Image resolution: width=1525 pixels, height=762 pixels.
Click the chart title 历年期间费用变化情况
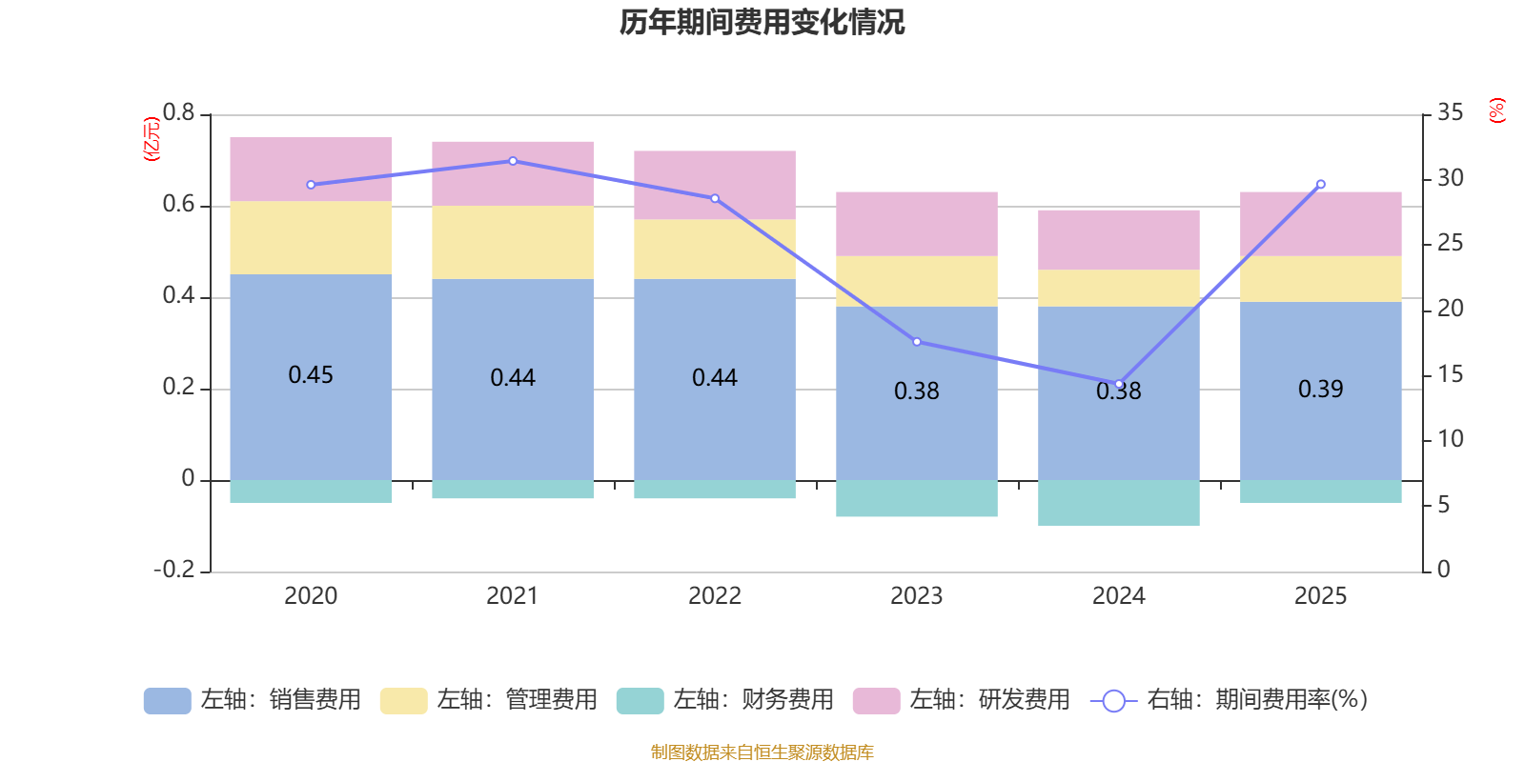(x=762, y=22)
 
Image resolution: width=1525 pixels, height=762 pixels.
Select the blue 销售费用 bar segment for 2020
(x=311, y=419)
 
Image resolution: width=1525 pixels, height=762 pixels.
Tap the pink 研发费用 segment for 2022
(x=715, y=185)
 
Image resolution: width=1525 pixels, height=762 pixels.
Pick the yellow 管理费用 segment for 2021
(x=513, y=242)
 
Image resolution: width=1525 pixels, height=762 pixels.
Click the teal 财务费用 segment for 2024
(x=1119, y=503)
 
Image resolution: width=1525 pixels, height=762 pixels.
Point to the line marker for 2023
(x=917, y=342)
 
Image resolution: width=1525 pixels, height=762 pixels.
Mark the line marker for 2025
(x=1320, y=184)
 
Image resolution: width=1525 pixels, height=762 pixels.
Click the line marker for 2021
(x=513, y=161)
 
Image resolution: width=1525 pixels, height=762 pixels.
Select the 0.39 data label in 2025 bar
(x=1320, y=389)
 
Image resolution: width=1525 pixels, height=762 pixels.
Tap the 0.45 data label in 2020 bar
(x=311, y=374)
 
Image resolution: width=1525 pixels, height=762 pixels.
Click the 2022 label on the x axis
(x=715, y=596)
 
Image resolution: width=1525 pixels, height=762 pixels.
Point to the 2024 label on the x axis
(x=1119, y=596)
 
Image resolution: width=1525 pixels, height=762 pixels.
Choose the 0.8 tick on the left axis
(x=178, y=113)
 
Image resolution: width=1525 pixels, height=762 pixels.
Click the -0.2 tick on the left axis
(x=174, y=570)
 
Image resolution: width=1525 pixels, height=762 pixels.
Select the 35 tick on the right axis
(x=1450, y=113)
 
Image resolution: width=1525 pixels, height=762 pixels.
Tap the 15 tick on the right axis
(x=1450, y=374)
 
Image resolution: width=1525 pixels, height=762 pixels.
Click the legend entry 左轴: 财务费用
(x=724, y=700)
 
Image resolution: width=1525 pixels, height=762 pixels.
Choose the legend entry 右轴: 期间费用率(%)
(x=1230, y=700)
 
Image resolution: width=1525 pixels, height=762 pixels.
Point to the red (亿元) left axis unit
(x=151, y=139)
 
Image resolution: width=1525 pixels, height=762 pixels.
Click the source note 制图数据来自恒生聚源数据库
(x=762, y=752)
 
